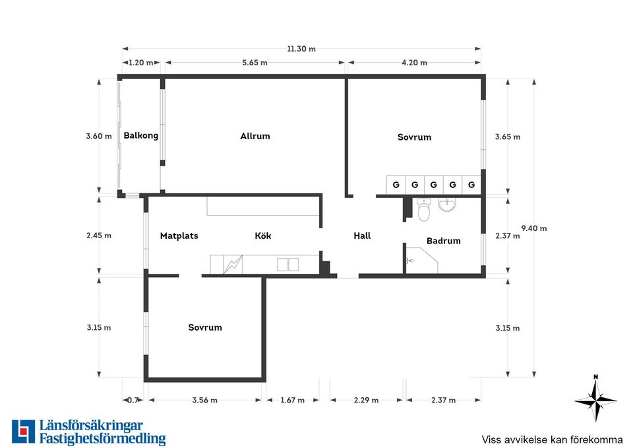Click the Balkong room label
pyautogui.click(x=141, y=136)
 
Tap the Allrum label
pyautogui.click(x=255, y=136)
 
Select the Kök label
pyautogui.click(x=263, y=236)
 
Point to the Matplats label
pyautogui.click(x=179, y=236)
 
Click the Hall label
pyautogui.click(x=362, y=236)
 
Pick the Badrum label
pyautogui.click(x=444, y=241)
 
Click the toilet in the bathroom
pyautogui.click(x=423, y=210)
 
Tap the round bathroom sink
pyautogui.click(x=447, y=205)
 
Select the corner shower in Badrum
pyautogui.click(x=422, y=261)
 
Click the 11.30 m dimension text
pyautogui.click(x=301, y=49)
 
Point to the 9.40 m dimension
pyautogui.click(x=533, y=228)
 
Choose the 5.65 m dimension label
pyautogui.click(x=255, y=63)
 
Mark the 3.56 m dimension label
pyautogui.click(x=204, y=400)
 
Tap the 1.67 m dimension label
pyautogui.click(x=292, y=400)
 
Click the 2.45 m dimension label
pyautogui.click(x=99, y=236)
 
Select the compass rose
pyautogui.click(x=595, y=399)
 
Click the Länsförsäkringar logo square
pyautogui.click(x=24, y=432)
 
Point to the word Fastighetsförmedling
pyautogui.click(x=103, y=439)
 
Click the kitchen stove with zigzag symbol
pyautogui.click(x=233, y=264)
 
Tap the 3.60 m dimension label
pyautogui.click(x=99, y=136)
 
